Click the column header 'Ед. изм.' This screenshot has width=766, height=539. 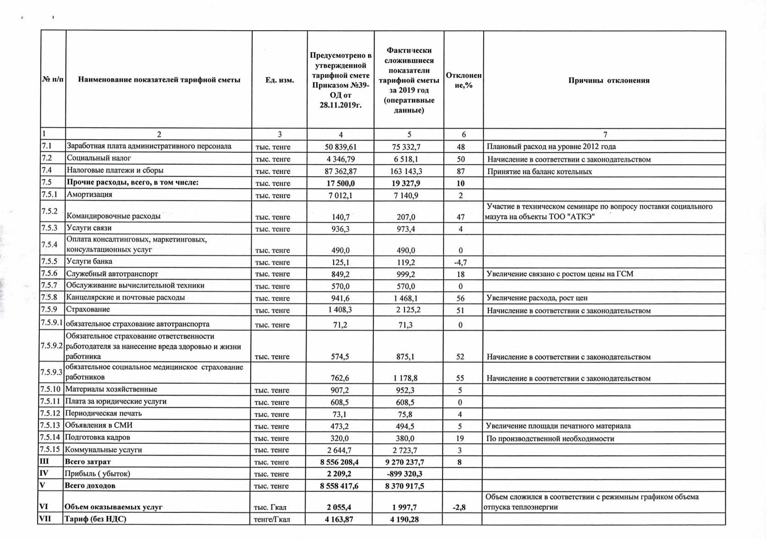click(280, 81)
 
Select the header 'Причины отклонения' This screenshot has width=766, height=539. click(609, 81)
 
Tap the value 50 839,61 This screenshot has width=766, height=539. click(340, 147)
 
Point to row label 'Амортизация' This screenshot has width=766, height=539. click(90, 194)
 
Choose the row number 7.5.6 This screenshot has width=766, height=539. click(49, 273)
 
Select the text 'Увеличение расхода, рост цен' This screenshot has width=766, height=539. click(537, 298)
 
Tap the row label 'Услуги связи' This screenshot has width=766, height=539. click(89, 228)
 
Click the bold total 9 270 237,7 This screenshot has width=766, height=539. click(405, 462)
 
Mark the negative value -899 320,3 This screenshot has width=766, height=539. click(405, 474)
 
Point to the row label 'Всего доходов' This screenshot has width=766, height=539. click(90, 485)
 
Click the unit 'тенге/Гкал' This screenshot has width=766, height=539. click(272, 519)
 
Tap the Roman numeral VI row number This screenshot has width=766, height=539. click(44, 507)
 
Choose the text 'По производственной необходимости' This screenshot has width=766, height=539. click(550, 438)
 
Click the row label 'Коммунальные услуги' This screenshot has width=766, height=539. click(103, 450)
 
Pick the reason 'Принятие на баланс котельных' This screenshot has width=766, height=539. click(539, 172)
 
